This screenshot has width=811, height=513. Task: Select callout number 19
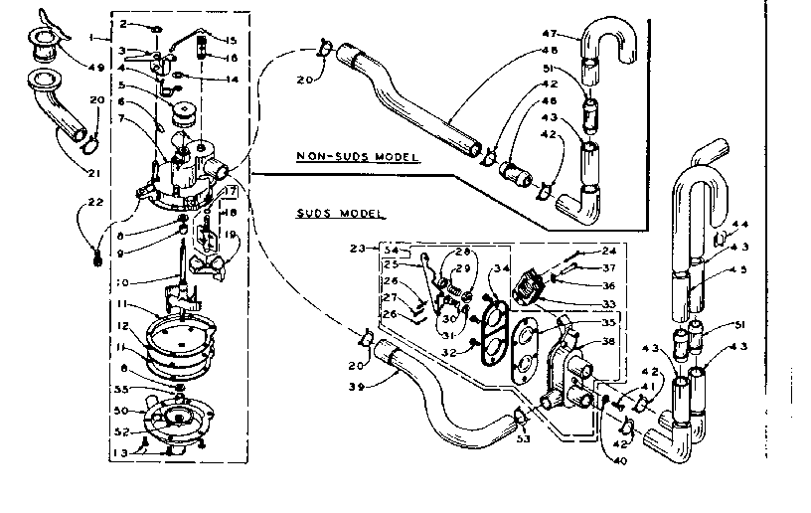[230, 235]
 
